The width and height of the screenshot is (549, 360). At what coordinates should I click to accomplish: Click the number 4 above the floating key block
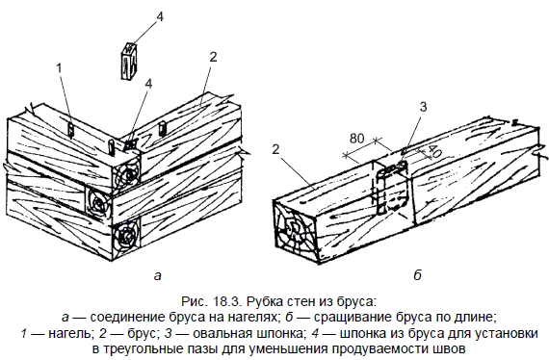tap(159, 16)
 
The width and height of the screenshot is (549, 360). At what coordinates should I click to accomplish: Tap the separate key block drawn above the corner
tap(129, 61)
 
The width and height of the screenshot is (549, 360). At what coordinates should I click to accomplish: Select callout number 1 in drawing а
tap(59, 68)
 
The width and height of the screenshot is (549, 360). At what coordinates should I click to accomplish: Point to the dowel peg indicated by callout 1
tap(71, 129)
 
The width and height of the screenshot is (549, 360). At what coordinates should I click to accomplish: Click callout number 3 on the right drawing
tap(423, 107)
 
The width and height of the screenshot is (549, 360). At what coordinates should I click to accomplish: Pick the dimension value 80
tap(356, 139)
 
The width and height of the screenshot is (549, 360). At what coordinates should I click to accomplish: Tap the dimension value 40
tap(433, 150)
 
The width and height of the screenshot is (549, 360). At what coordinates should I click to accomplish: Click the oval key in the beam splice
tap(391, 188)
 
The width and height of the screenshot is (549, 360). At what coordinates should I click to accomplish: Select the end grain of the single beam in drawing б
tap(294, 229)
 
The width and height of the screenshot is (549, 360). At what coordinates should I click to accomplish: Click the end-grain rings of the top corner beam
tap(126, 173)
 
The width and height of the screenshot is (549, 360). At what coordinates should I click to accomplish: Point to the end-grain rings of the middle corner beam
tap(98, 201)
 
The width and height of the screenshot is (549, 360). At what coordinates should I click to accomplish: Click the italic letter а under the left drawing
tap(158, 276)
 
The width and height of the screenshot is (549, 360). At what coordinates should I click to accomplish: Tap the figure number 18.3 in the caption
tap(226, 301)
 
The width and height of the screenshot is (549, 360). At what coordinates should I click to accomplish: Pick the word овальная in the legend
tap(222, 333)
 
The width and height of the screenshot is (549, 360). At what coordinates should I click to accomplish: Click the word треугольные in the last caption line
tap(147, 349)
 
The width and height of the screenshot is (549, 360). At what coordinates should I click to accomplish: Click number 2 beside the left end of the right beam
tap(275, 149)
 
